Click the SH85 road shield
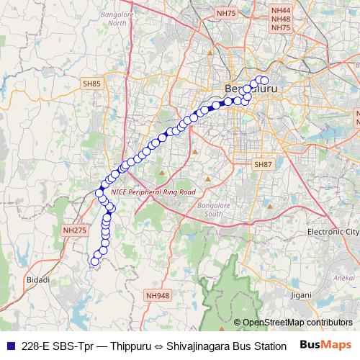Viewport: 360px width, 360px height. (92, 84)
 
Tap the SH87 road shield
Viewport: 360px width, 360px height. (263, 165)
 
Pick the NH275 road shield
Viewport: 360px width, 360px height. (74, 230)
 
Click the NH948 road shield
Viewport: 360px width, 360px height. (157, 295)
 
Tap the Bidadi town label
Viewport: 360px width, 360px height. (37, 279)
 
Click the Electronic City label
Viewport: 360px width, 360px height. (333, 232)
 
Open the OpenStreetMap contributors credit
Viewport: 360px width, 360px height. (297, 323)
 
